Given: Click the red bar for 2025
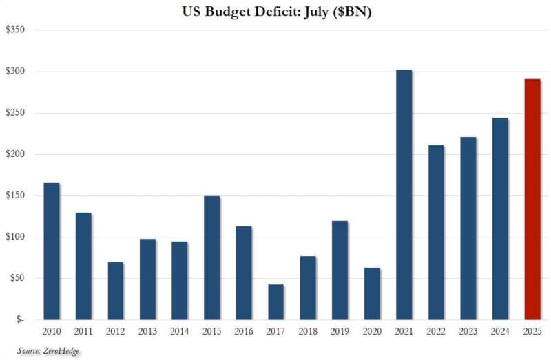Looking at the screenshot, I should click(x=532, y=200).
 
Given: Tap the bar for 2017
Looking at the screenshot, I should click(x=276, y=302).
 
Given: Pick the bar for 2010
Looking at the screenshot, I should click(x=52, y=251).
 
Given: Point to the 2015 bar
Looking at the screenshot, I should click(x=211, y=258).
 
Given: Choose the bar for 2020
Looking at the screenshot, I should click(x=373, y=294).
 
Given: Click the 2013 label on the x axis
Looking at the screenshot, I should click(x=147, y=331).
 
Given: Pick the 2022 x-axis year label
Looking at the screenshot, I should click(x=436, y=331).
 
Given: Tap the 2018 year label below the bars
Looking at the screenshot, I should click(x=308, y=331).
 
